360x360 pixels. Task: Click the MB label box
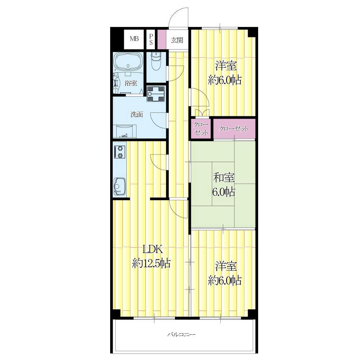[x=134, y=39]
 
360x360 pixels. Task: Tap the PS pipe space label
[x=151, y=39]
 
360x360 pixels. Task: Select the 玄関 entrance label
[x=177, y=40]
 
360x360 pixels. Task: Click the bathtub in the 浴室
[x=129, y=62]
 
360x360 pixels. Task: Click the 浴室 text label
[x=131, y=83]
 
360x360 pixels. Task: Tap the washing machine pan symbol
[x=156, y=94]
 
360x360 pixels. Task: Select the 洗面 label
[x=137, y=114]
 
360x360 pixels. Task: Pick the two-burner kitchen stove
[x=120, y=152]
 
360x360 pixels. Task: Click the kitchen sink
[x=120, y=186]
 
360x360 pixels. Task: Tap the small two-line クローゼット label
[x=201, y=129]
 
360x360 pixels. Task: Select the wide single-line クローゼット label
[x=234, y=129]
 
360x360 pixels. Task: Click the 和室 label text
[x=224, y=178]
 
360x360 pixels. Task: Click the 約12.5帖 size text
[x=151, y=264]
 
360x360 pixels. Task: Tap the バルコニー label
[x=181, y=334]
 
